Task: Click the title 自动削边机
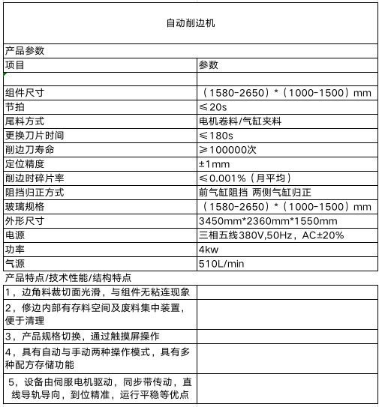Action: coord(191,24)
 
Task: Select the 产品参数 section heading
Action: coord(25,52)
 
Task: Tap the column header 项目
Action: coord(15,65)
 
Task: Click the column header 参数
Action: coord(208,65)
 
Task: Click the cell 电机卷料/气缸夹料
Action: coord(239,121)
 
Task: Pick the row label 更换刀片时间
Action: coord(35,135)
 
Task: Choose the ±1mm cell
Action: coord(214,163)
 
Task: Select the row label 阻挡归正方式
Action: coord(35,192)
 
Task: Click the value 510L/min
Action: coord(221,264)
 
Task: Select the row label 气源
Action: coord(15,264)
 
